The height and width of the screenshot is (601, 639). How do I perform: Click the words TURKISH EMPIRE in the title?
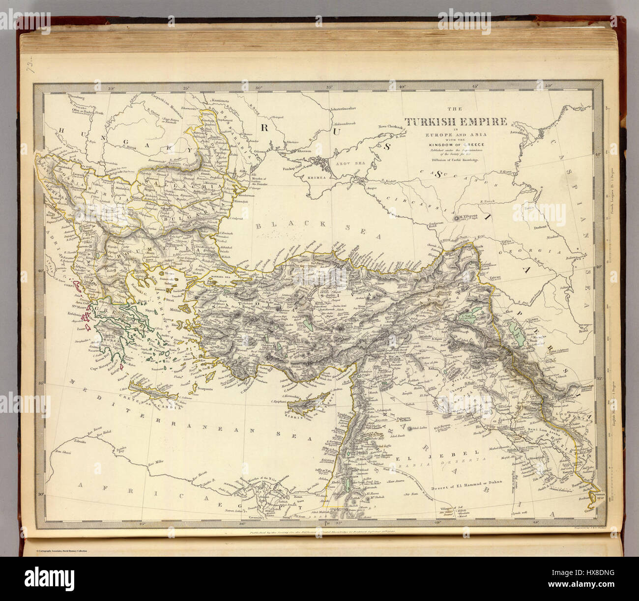(455, 122)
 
